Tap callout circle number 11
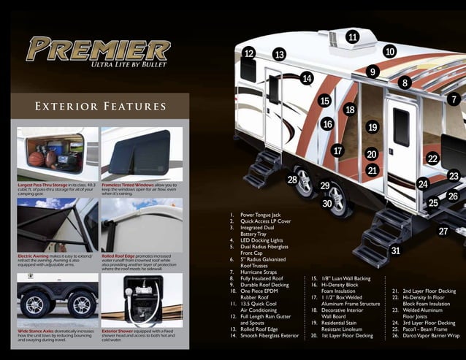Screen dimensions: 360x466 [x=353, y=37]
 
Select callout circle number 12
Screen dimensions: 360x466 [x=249, y=53]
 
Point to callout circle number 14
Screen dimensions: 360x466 [x=307, y=78]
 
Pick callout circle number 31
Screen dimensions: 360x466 [x=395, y=250]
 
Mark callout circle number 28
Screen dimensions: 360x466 [x=292, y=180]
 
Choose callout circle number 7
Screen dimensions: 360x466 [x=454, y=99]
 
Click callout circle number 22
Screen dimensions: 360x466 [x=432, y=158]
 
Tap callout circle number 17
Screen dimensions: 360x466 [x=337, y=150]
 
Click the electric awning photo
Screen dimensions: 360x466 [x=57, y=225]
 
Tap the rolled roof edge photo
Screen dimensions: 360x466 [x=142, y=225]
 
